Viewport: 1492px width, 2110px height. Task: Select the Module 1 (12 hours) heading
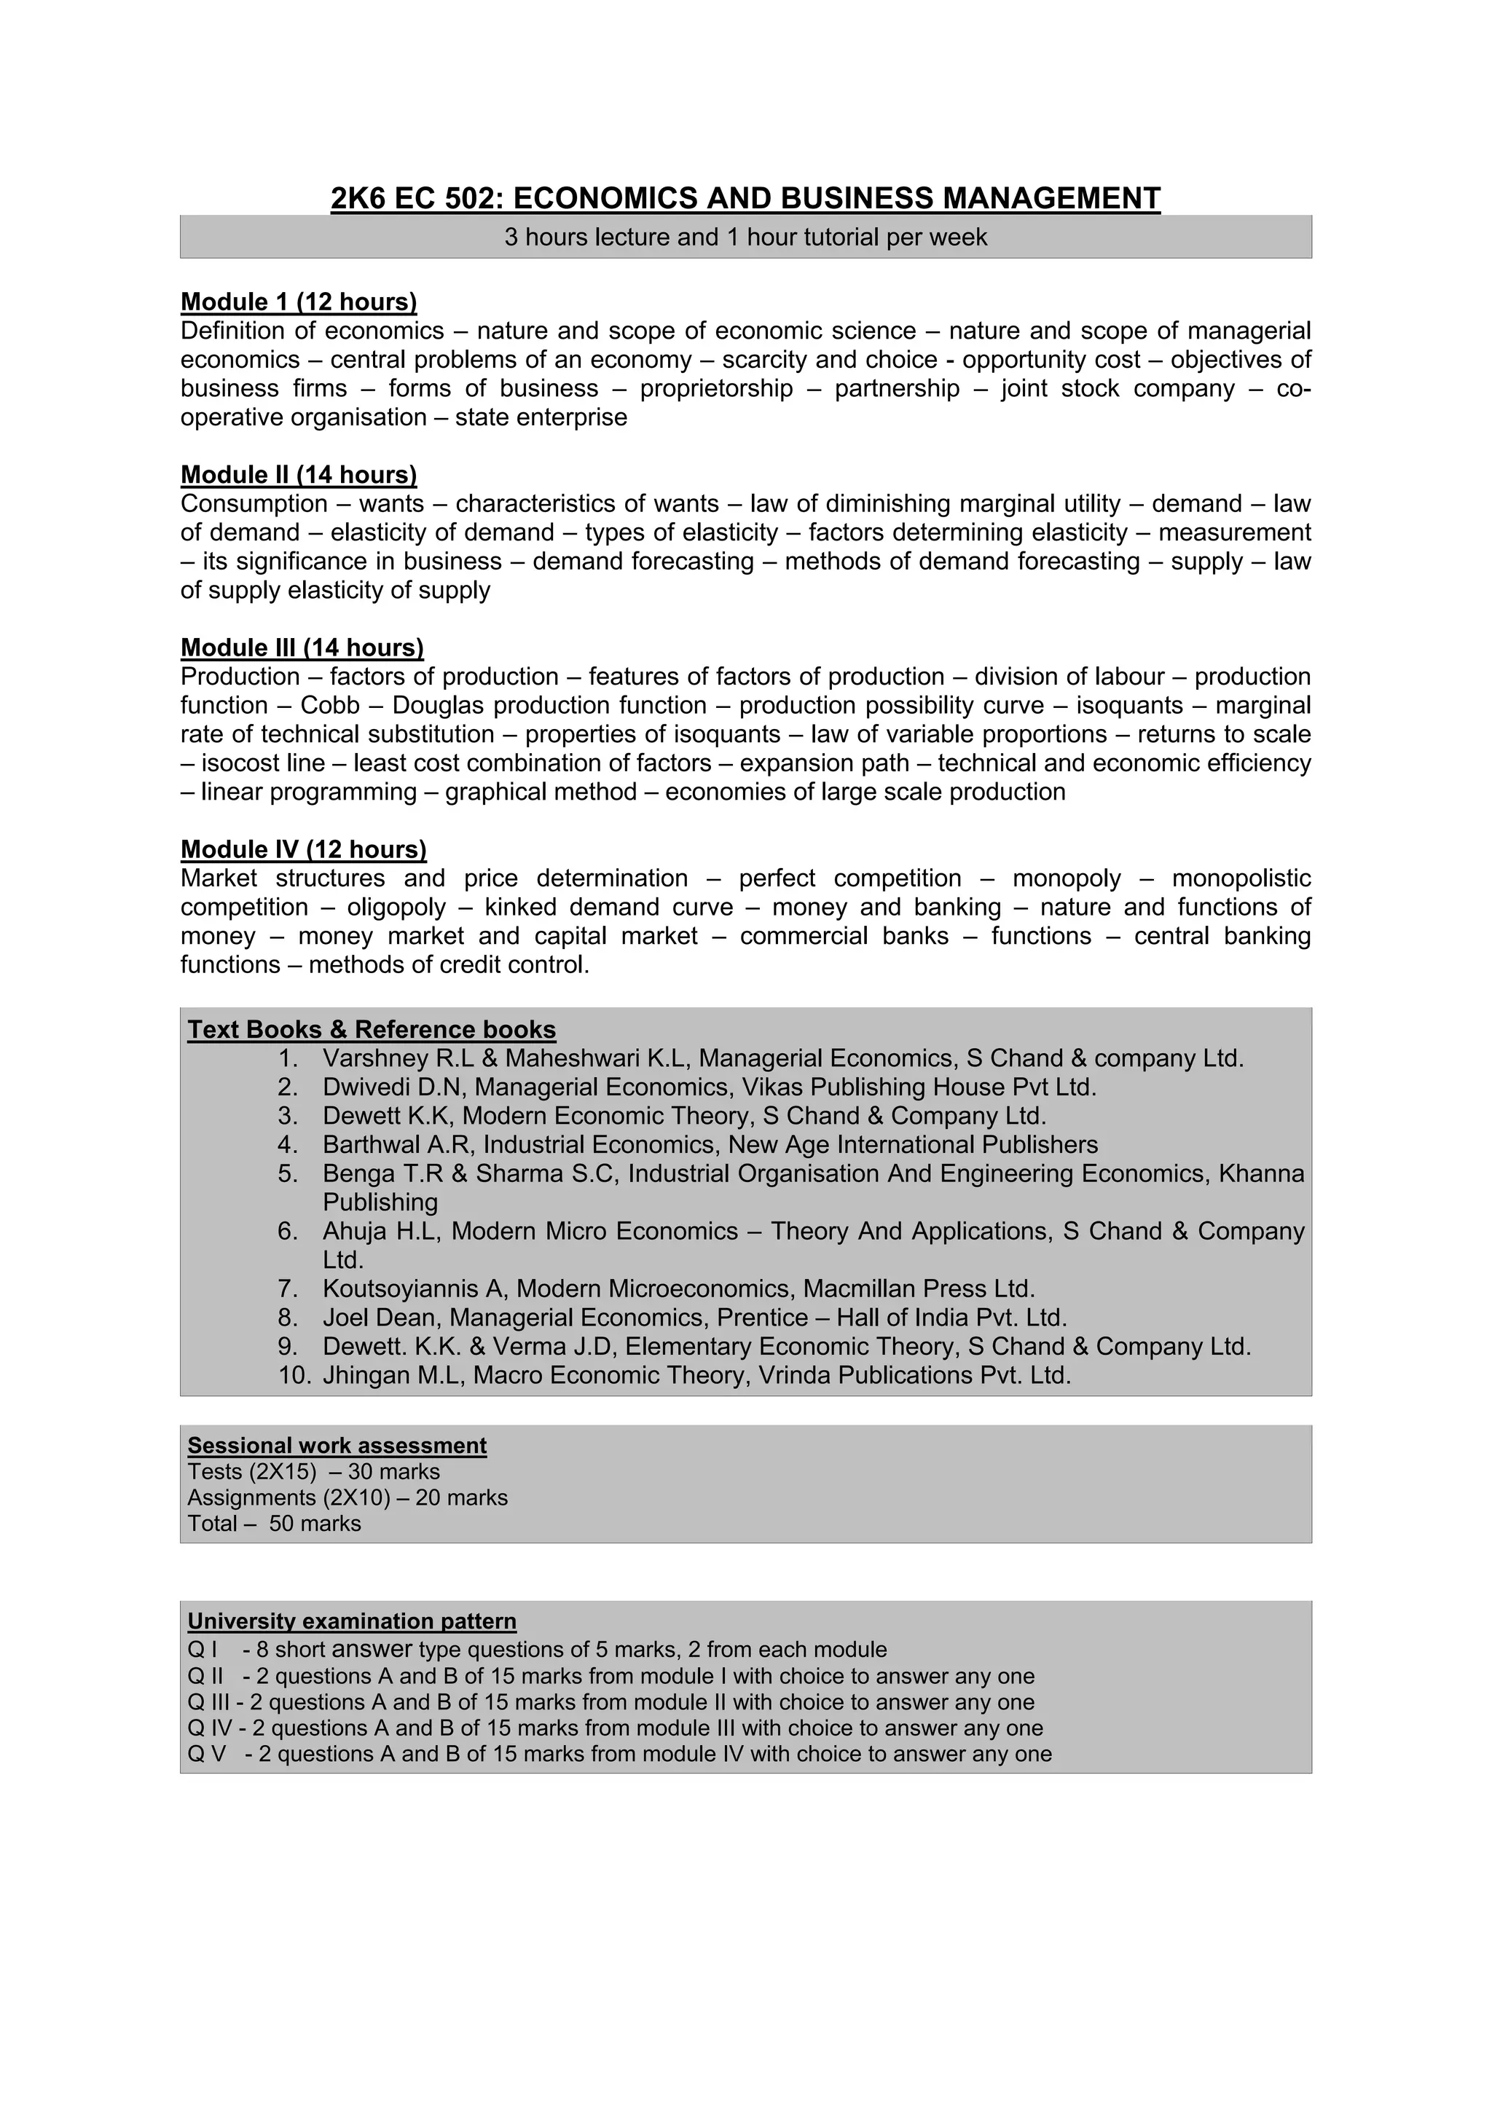tap(299, 302)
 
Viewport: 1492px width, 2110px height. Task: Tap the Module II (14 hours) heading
tap(299, 474)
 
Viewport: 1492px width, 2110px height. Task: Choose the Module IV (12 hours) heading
tap(303, 849)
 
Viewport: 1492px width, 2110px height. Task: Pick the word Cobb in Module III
tap(330, 705)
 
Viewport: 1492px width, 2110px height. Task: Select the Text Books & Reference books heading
tap(372, 1029)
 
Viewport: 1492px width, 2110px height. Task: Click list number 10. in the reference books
tap(294, 1375)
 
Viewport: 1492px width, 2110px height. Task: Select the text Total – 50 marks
tap(274, 1524)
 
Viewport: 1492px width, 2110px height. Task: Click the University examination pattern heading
tap(351, 1621)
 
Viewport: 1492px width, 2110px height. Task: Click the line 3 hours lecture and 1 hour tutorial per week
tap(745, 237)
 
